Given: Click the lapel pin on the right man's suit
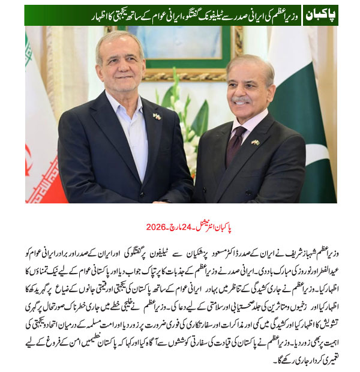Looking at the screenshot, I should click(x=256, y=142).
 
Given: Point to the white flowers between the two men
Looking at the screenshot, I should click(x=180, y=120).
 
